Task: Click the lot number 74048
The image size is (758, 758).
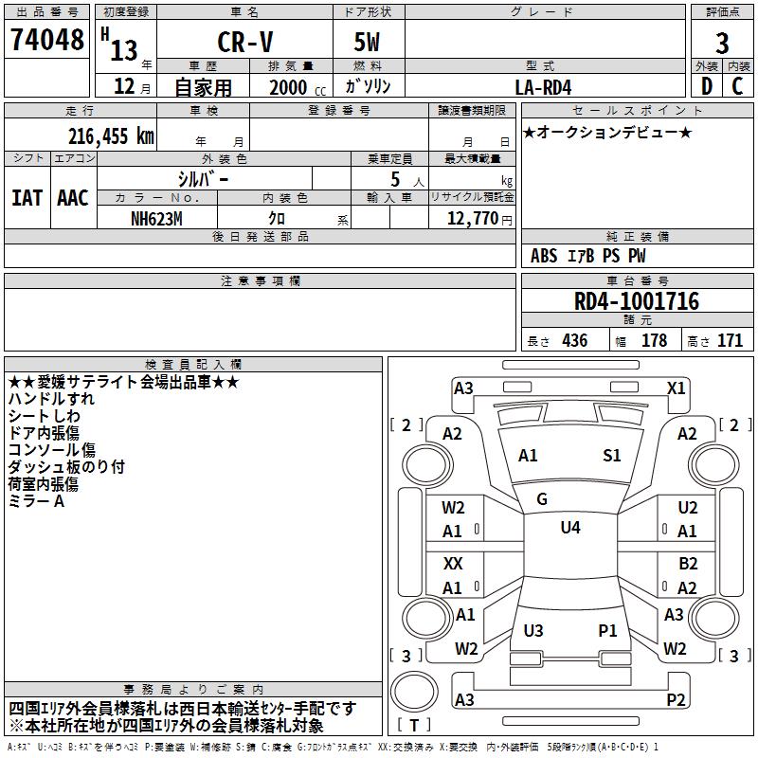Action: pos(46,41)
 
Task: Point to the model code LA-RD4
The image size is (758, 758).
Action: pos(543,87)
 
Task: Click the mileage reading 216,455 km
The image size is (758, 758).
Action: pos(111,135)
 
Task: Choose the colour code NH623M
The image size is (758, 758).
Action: pos(156,218)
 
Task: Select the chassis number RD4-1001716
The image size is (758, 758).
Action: pos(637,301)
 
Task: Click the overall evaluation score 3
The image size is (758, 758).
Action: pos(722,44)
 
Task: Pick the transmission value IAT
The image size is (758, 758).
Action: pos(27,198)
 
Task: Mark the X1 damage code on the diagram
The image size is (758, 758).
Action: pos(677,388)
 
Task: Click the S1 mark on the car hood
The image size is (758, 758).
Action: pos(612,456)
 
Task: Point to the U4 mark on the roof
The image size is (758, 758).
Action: pos(569,527)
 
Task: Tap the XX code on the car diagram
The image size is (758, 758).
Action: pos(454,564)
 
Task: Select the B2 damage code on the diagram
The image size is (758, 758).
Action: pos(688,564)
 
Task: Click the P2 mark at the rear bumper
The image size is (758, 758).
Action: pos(677,700)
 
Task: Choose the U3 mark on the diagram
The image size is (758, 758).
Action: pos(533,631)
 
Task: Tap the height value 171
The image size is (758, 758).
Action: pos(730,341)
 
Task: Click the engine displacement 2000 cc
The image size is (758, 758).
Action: pos(290,87)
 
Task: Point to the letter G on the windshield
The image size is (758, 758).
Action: pos(542,498)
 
